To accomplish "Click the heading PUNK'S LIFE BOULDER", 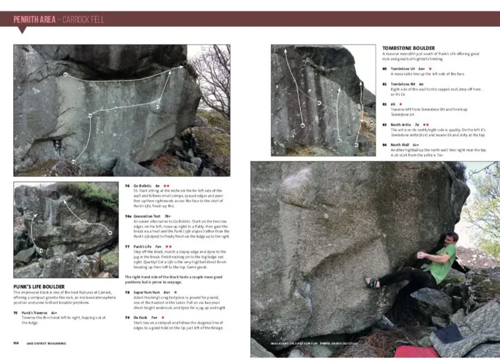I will (39, 286).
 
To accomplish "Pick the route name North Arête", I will (401, 124).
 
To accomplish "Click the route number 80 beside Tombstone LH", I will (384, 68).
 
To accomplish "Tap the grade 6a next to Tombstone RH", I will (421, 84).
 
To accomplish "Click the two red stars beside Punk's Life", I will (169, 246).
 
